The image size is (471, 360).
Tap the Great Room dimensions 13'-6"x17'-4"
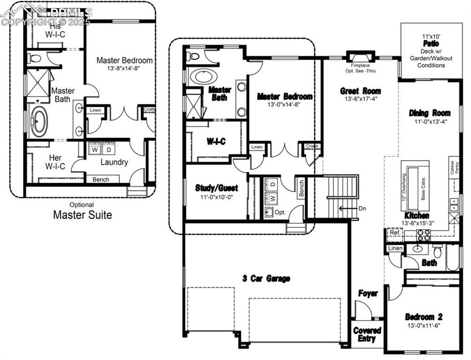pos(360,99)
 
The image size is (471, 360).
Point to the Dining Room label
pos(430,113)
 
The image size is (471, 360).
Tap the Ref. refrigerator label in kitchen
pos(394,232)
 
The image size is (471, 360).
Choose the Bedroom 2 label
pos(424,317)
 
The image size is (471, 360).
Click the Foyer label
pos(368,293)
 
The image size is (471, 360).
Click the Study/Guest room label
pos(216,188)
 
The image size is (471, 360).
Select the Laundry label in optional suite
pos(114,162)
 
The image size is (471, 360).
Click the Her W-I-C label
pos(55,161)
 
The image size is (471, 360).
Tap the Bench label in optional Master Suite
pos(101,180)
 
